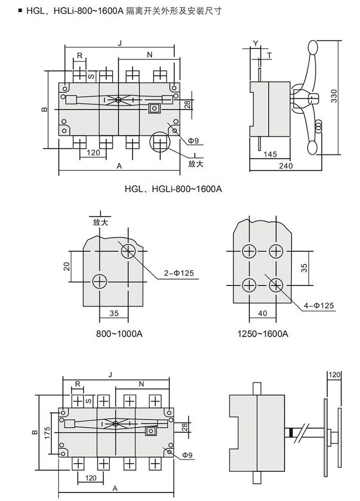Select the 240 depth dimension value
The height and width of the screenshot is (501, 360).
click(286, 166)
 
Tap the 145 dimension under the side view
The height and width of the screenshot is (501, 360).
click(270, 154)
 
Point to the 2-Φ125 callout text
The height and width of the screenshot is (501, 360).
click(179, 273)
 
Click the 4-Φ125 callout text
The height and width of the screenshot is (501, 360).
click(318, 306)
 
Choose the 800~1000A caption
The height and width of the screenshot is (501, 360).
click(119, 334)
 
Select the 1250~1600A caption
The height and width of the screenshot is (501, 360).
click(263, 334)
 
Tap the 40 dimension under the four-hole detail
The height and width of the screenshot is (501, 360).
click(263, 313)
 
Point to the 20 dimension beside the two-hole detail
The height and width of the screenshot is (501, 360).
click(66, 266)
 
